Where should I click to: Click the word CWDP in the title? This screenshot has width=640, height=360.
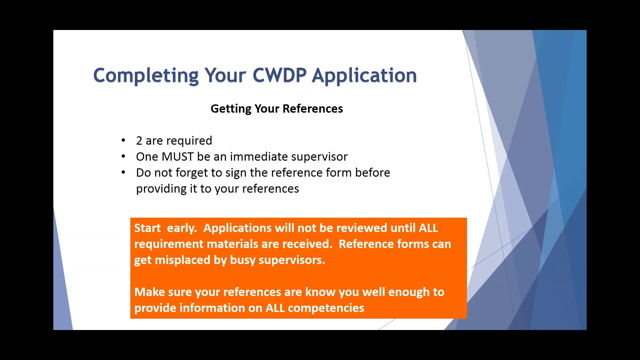pos(279,75)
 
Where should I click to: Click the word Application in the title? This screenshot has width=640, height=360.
pos(364,75)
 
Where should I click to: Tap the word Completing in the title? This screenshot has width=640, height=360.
pos(146,75)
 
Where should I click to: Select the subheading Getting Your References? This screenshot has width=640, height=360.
pos(277,109)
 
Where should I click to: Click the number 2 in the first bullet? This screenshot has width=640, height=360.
pos(139,141)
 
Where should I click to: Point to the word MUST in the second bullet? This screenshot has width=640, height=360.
pos(177,157)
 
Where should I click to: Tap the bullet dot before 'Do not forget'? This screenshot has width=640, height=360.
pos(123,172)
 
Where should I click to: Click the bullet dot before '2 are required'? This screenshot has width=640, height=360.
pos(123,140)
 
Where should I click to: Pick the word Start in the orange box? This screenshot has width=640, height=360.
pos(147,228)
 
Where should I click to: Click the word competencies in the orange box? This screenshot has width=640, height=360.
pos(326,308)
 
